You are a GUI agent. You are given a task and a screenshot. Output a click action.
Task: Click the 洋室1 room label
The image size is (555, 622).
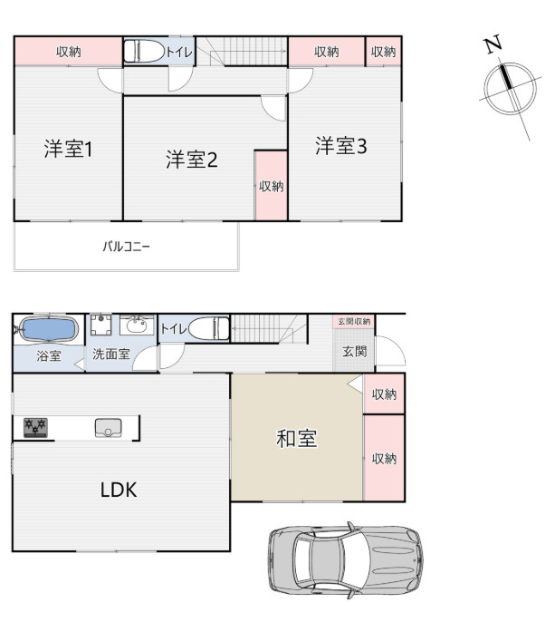coord(69,149)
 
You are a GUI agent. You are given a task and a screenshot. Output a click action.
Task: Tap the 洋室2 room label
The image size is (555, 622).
coord(190,160)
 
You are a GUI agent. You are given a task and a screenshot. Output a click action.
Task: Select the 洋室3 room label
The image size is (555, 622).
coord(340,146)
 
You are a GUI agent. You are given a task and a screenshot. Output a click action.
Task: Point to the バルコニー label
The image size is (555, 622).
coord(125,246)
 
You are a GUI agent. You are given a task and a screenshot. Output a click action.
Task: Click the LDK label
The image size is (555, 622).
coord(118,491)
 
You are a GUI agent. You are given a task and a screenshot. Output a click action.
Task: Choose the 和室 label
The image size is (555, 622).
coord(296,440)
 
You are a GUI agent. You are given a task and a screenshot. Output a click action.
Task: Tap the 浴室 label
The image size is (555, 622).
coord(49,355)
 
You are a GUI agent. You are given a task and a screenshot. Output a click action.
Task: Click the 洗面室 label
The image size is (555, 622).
coord(110,355)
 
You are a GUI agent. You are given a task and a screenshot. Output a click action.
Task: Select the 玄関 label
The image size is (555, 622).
coord(354,350)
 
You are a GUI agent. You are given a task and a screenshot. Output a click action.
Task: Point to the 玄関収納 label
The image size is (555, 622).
coord(354,322)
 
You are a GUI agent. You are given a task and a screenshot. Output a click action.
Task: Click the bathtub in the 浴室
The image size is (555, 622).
coord(48,327)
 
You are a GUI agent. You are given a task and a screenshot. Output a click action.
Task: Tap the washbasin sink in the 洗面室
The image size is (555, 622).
coord(138,326)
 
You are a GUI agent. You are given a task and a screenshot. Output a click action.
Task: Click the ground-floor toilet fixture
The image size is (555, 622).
coord(207,327)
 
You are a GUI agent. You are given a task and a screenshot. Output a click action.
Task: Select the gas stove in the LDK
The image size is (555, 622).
coord(36,426)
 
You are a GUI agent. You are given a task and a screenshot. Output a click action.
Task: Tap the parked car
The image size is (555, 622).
coord(346,559)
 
